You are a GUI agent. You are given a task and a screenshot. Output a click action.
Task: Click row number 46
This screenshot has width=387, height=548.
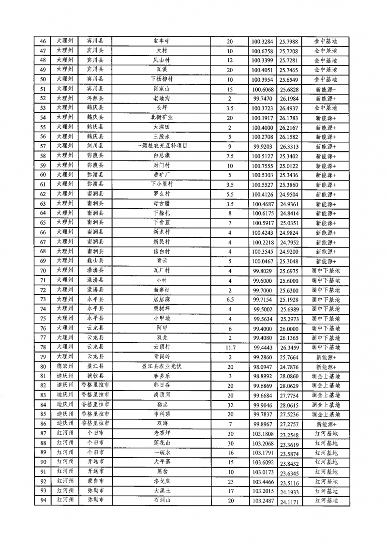pos(43,42)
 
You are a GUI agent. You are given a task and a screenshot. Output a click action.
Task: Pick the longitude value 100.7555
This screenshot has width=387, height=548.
pos(263,165)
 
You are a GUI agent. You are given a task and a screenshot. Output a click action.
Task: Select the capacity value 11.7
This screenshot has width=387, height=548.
pos(230,347)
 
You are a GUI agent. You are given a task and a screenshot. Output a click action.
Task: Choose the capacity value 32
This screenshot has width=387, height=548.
pos(230,404)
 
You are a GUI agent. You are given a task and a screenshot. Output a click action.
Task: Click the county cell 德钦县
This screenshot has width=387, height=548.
pos(95,376)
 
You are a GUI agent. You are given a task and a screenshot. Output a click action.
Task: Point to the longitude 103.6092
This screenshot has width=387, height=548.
pos(263,463)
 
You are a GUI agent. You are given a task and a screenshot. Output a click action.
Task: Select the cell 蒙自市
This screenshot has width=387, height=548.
pos(95,482)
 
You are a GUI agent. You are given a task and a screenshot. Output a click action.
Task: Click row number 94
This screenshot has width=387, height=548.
pos(43,501)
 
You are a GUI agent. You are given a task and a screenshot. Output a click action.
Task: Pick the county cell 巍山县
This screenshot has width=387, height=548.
pos(95,261)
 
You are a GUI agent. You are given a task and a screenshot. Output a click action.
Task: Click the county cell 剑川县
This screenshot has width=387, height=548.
pos(95,146)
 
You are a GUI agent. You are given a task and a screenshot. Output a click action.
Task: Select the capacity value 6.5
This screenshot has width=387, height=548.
pos(230,299)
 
